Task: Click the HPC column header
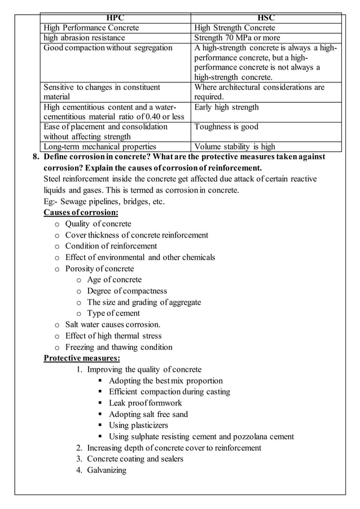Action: click(x=116, y=17)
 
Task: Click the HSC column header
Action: click(x=266, y=17)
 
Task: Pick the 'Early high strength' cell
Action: click(x=226, y=107)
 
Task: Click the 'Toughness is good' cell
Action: click(x=226, y=127)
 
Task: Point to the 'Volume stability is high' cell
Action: click(x=235, y=147)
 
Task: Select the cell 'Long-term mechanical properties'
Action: click(x=100, y=147)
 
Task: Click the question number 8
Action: click(x=35, y=157)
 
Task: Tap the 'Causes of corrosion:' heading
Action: click(x=81, y=213)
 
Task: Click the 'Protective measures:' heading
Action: click(x=82, y=358)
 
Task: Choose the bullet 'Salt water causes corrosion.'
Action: click(x=113, y=324)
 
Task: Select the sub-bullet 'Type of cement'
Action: click(x=113, y=313)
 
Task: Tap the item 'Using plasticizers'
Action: click(x=138, y=425)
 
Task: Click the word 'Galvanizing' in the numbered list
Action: click(x=107, y=470)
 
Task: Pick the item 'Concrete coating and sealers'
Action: click(x=135, y=459)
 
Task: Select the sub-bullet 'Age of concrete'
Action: click(x=115, y=279)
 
